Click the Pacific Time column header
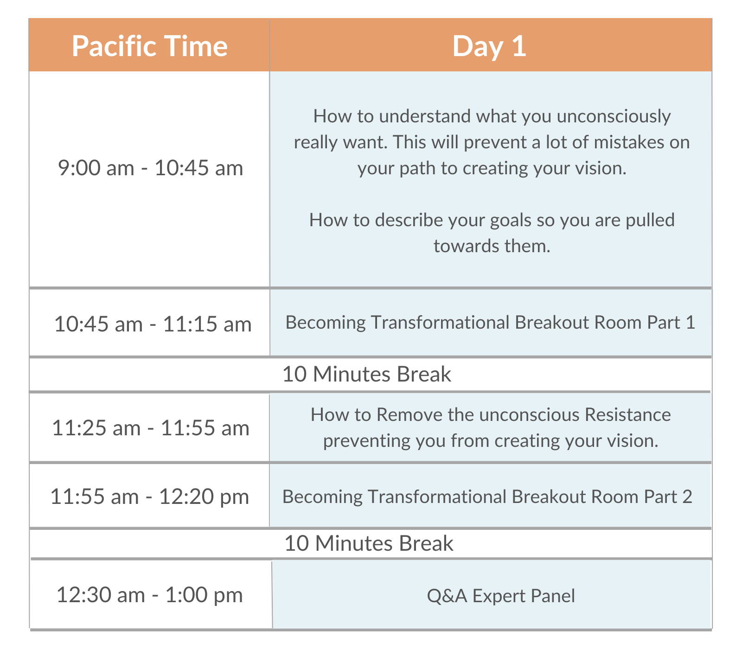pos(149,46)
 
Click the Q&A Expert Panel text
pos(501,596)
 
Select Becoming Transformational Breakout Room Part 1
pos(490,322)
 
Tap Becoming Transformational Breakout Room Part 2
pos(487,496)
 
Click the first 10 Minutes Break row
pos(366,374)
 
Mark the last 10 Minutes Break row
pos(369,543)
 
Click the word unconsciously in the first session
pos(614,116)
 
